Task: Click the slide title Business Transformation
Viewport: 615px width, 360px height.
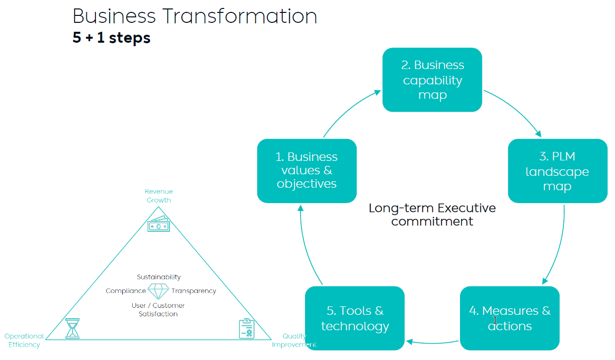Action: pyautogui.click(x=195, y=16)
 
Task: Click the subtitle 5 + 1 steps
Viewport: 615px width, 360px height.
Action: pyautogui.click(x=111, y=38)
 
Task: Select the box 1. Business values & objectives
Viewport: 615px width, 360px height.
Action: pyautogui.click(x=307, y=170)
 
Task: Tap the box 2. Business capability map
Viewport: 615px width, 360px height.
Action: pyautogui.click(x=432, y=79)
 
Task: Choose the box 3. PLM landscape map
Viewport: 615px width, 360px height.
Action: pyautogui.click(x=557, y=171)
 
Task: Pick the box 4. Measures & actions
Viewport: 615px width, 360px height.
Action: pyautogui.click(x=510, y=318)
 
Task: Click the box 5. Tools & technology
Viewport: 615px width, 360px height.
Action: pyautogui.click(x=355, y=318)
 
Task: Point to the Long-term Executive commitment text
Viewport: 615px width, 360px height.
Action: pyautogui.click(x=432, y=215)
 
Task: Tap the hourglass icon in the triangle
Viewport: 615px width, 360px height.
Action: pyautogui.click(x=73, y=329)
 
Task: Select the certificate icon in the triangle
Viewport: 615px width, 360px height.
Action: pyautogui.click(x=246, y=329)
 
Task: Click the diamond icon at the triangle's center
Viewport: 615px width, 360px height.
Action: pyautogui.click(x=158, y=291)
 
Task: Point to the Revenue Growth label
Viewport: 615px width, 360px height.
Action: pyautogui.click(x=158, y=196)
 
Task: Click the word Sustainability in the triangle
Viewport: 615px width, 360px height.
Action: pyautogui.click(x=158, y=277)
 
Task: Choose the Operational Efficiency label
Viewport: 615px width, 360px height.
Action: pyautogui.click(x=24, y=340)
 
